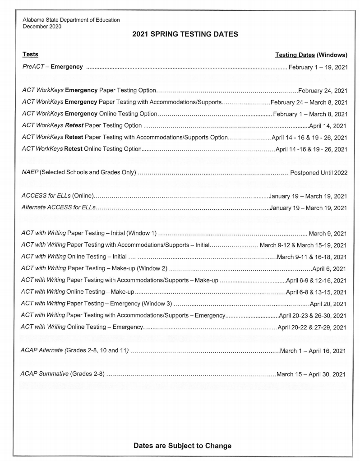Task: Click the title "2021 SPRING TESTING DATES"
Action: point(185,34)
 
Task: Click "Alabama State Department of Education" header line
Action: point(71,20)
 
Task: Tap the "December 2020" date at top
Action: point(42,26)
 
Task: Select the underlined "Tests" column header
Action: point(30,55)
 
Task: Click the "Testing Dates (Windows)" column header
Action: point(311,55)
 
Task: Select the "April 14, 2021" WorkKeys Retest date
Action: point(328,125)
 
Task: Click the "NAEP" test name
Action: point(31,172)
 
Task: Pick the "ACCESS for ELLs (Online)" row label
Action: point(57,196)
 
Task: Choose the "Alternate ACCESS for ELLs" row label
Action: point(59,208)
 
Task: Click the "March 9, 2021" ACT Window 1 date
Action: point(328,233)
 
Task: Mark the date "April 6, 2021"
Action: point(329,269)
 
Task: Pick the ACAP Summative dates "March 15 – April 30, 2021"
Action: point(311,374)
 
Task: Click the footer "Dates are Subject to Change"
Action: point(182,446)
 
